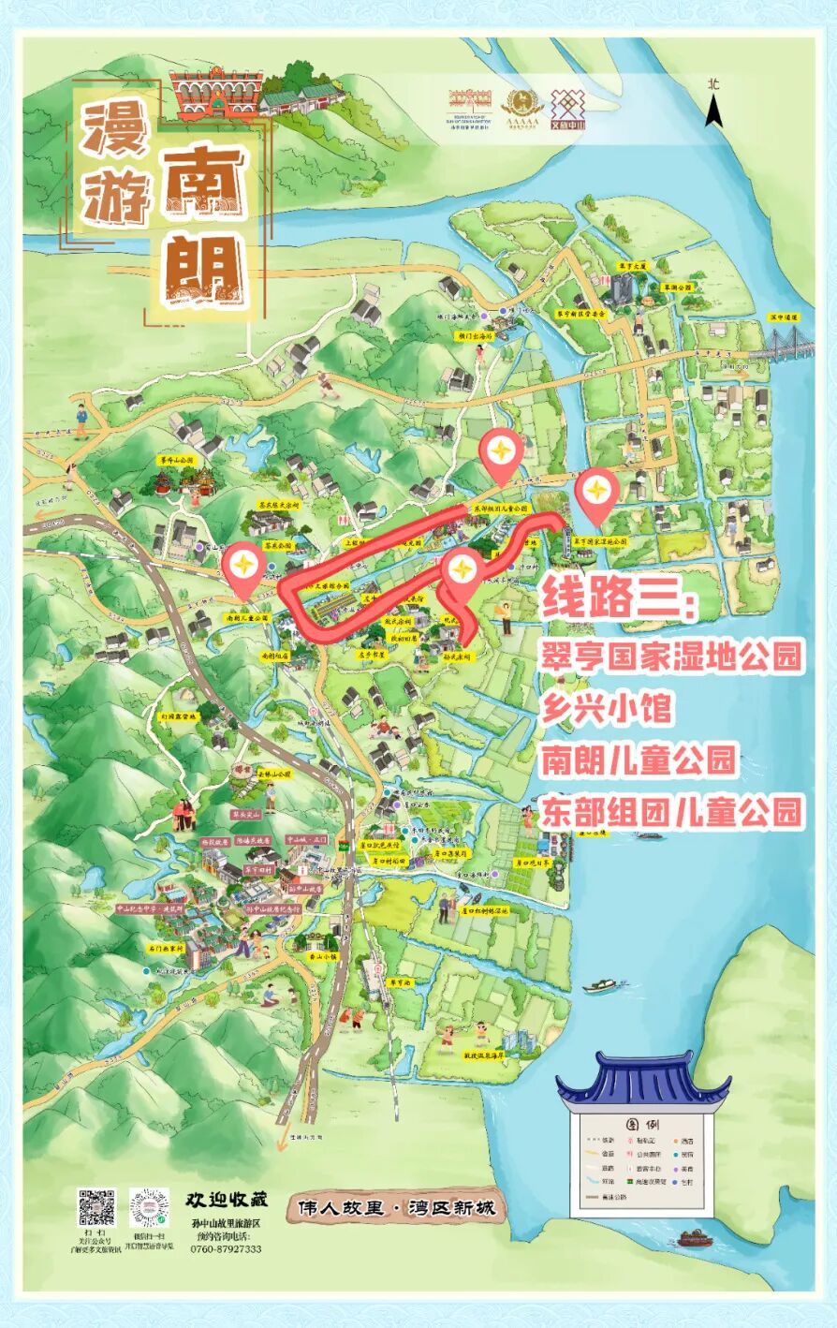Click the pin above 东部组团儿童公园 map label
pos(501,453)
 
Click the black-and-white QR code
pos(95,1208)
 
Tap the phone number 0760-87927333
pos(226,1248)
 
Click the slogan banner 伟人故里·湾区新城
pos(395,1208)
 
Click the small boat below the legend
pos(694,1238)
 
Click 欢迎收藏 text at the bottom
pos(227,1199)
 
